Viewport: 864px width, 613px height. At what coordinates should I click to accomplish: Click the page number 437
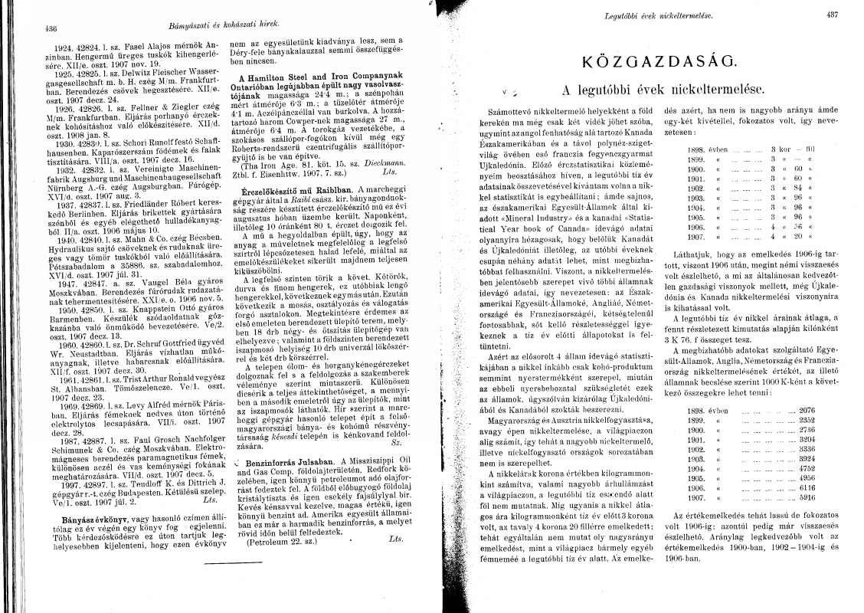click(833, 14)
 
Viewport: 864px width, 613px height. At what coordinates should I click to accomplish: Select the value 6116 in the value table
click(807, 487)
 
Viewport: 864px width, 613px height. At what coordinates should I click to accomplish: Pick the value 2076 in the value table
click(807, 410)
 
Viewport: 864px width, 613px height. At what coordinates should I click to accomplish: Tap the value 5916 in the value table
click(807, 497)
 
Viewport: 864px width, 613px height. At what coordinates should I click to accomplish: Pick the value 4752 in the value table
click(807, 467)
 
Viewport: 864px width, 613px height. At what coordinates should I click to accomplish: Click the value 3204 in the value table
click(807, 439)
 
